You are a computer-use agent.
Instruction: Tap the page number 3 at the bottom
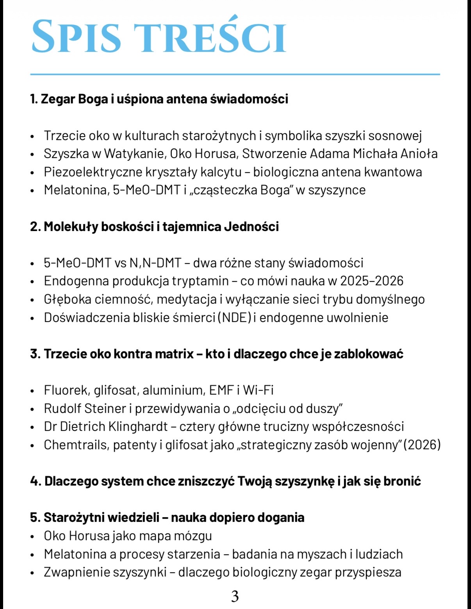pyautogui.click(x=235, y=596)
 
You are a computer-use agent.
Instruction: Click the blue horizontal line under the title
pyautogui.click(x=235, y=74)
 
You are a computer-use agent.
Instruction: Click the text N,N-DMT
pyautogui.click(x=155, y=263)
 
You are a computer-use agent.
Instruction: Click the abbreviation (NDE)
pyautogui.click(x=234, y=317)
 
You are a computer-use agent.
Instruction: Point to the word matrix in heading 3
pyautogui.click(x=174, y=354)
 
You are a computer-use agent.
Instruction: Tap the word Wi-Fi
pyautogui.click(x=258, y=390)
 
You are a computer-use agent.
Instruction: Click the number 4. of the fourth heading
pyautogui.click(x=35, y=481)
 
